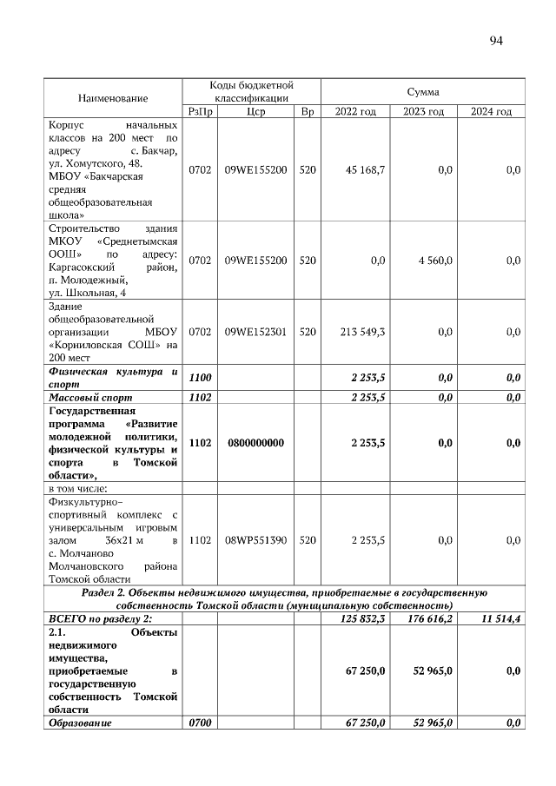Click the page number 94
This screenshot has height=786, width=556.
pyautogui.click(x=496, y=40)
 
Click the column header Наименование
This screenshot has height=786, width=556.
pyautogui.click(x=113, y=98)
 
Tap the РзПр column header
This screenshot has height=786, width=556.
pyautogui.click(x=200, y=112)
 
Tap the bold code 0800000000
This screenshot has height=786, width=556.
pyautogui.click(x=255, y=443)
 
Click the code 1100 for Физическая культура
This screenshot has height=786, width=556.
pyautogui.click(x=200, y=377)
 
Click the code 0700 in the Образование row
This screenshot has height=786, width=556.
pyautogui.click(x=200, y=723)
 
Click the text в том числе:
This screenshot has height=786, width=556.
pyautogui.click(x=83, y=488)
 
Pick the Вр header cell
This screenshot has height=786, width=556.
pyautogui.click(x=307, y=112)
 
